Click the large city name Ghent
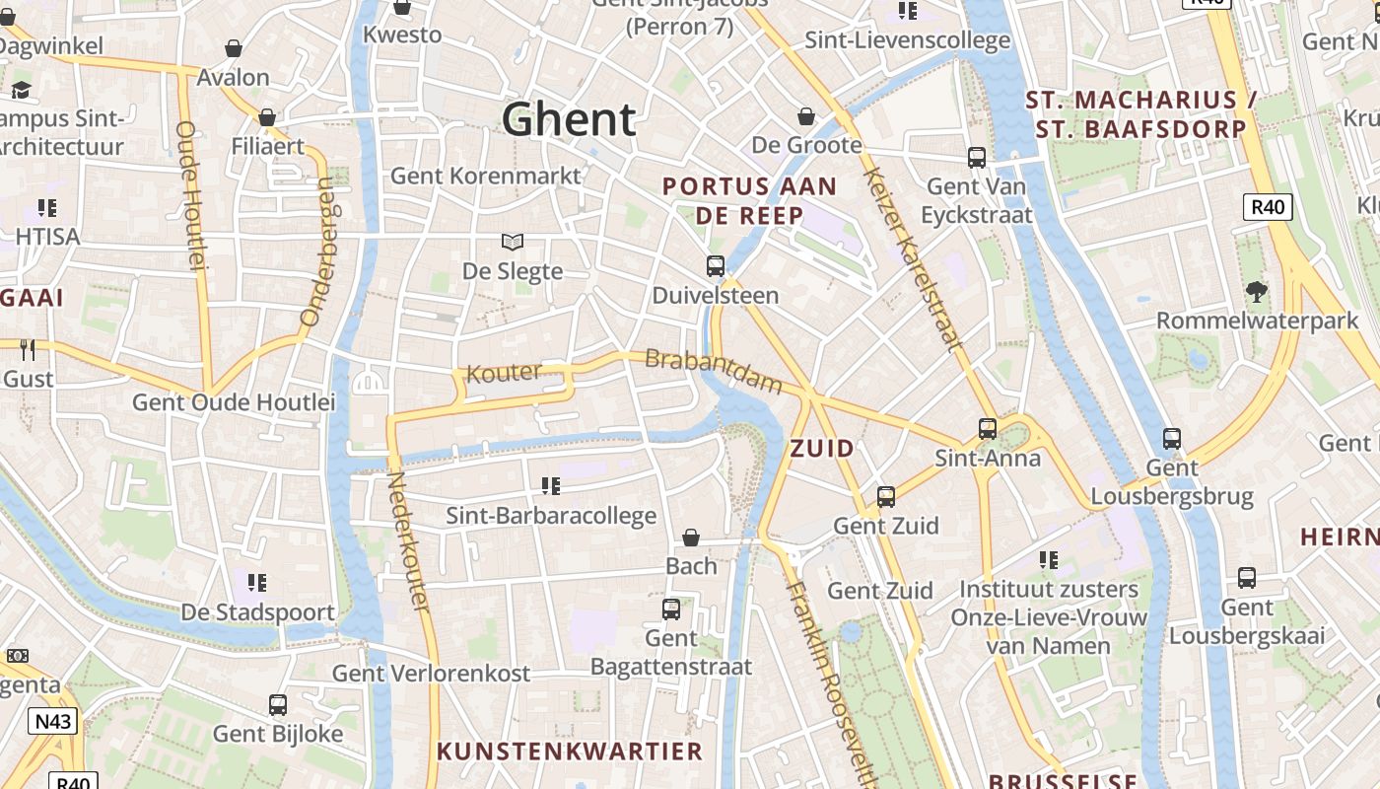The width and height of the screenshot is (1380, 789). [x=569, y=119]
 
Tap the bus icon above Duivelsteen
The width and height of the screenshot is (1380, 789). [x=716, y=266]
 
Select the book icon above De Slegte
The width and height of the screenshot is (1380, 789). [x=513, y=242]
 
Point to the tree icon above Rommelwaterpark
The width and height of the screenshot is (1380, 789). [x=1257, y=292]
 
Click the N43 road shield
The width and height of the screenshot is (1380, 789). [x=53, y=721]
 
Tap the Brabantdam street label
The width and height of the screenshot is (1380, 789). [x=714, y=372]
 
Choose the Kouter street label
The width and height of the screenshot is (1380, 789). [x=504, y=373]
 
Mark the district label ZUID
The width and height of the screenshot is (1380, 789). [x=822, y=449]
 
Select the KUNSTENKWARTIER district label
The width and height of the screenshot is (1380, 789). [x=570, y=751]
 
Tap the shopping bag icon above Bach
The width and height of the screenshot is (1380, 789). [x=691, y=538]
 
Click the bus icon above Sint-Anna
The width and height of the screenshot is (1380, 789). [x=988, y=429]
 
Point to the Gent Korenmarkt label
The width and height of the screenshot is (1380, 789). [x=486, y=176]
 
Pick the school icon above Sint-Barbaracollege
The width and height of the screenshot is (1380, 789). [x=551, y=486]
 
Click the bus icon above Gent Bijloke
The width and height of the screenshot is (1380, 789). [x=278, y=705]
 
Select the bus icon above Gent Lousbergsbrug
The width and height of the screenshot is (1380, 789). [x=1172, y=439]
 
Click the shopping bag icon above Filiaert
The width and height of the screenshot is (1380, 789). [x=267, y=118]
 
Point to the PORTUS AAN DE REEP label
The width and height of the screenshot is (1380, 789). [x=749, y=200]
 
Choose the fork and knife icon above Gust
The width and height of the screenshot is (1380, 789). [x=28, y=349]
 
